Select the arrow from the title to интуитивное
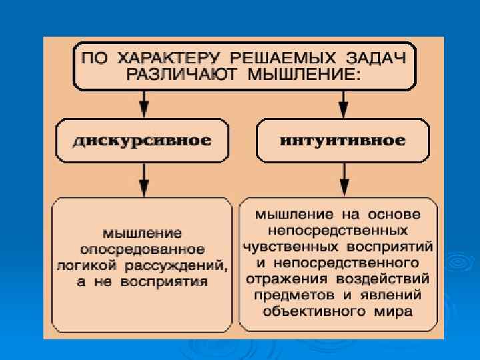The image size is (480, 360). point(343,104)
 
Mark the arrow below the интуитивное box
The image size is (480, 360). point(343,179)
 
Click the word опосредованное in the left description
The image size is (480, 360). point(142,249)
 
